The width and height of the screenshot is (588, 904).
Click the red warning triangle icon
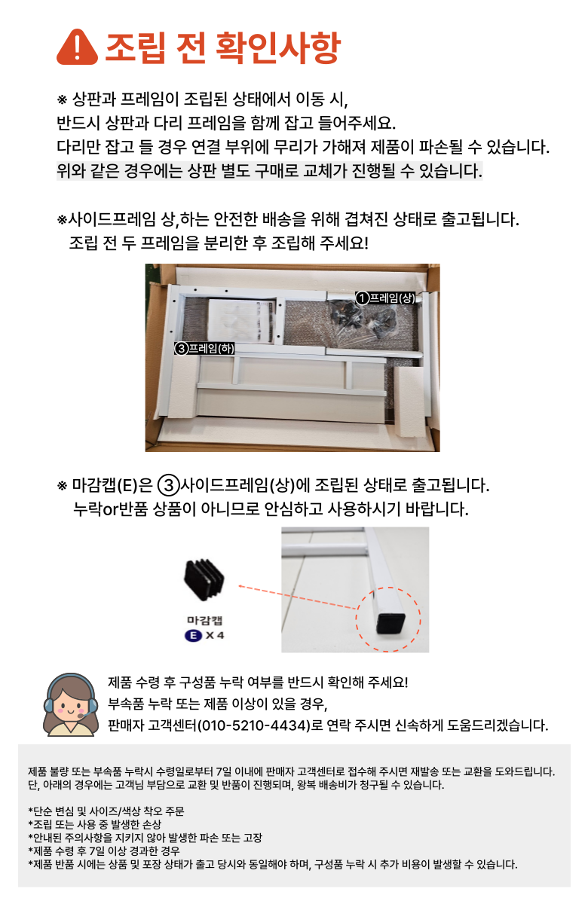[77, 47]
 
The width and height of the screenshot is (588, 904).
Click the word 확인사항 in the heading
[278, 47]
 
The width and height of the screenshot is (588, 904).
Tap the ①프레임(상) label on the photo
[385, 298]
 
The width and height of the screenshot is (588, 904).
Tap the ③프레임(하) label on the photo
[204, 348]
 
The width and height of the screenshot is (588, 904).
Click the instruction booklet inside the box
[241, 321]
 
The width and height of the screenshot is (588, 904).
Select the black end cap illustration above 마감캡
[204, 580]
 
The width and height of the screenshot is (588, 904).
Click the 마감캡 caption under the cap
[205, 621]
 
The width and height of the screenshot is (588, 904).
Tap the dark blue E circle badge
[193, 636]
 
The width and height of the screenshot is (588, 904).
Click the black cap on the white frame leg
[390, 623]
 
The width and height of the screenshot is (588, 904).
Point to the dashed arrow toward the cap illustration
[298, 597]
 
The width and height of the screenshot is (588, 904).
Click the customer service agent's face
[71, 704]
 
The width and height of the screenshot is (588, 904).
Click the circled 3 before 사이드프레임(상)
[168, 485]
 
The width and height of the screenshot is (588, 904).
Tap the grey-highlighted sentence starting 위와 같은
[269, 171]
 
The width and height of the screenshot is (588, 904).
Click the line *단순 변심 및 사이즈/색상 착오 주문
[106, 811]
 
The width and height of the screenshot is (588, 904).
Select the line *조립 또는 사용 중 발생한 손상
[94, 824]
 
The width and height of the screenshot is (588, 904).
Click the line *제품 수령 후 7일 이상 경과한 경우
[104, 851]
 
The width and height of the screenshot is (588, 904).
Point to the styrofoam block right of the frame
[409, 402]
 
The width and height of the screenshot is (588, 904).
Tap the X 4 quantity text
[215, 636]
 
